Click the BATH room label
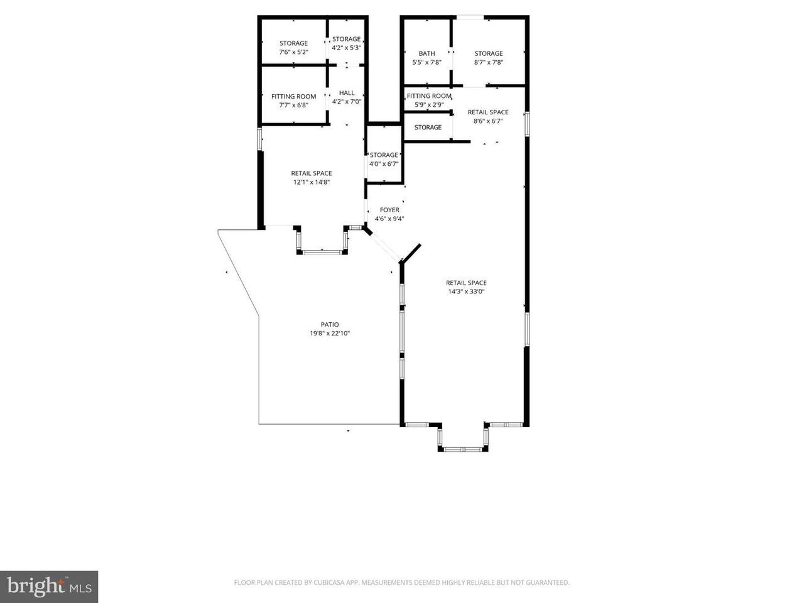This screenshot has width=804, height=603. [426, 53]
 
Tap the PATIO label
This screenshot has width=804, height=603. [330, 324]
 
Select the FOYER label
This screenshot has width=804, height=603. [389, 210]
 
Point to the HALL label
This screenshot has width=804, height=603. [347, 92]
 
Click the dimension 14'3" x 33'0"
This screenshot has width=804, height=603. [466, 291]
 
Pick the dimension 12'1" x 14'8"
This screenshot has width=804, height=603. [312, 182]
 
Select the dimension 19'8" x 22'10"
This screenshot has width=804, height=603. [330, 333]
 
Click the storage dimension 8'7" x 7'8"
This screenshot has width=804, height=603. [489, 62]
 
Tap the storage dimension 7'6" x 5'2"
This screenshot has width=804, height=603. [294, 52]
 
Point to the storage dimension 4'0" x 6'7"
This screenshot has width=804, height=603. [384, 164]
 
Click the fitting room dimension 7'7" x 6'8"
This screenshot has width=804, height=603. [294, 105]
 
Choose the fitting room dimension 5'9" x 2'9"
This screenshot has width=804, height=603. [429, 105]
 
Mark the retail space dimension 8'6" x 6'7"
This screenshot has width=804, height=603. [488, 121]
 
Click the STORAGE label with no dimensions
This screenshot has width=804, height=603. [428, 127]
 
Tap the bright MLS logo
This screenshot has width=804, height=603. [49, 587]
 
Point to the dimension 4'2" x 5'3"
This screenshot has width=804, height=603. [347, 48]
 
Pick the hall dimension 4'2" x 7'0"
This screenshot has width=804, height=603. [347, 101]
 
